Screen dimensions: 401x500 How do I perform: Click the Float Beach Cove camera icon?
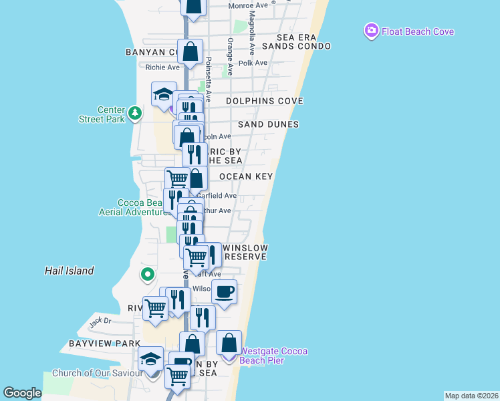pyautogui.click(x=372, y=31)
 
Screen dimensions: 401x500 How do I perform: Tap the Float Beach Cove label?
pyautogui.click(x=418, y=31)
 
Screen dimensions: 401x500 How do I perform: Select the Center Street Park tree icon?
pyautogui.click(x=134, y=112)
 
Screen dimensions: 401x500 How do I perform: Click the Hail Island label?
pyautogui.click(x=69, y=271)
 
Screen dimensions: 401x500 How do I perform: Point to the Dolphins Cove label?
pyautogui.click(x=265, y=101)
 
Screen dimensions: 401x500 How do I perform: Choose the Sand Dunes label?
pyautogui.click(x=268, y=124)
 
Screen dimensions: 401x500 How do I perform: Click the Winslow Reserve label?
pyautogui.click(x=245, y=252)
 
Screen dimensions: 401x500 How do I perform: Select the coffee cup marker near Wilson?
pyautogui.click(x=224, y=291)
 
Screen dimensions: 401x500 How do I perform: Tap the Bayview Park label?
pyautogui.click(x=95, y=344)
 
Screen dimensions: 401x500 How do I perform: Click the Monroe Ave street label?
pyautogui.click(x=248, y=5)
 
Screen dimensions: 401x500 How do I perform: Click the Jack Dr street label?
pyautogui.click(x=100, y=321)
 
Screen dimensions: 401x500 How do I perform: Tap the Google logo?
pyautogui.click(x=22, y=393)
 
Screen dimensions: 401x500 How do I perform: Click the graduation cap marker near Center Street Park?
pyautogui.click(x=164, y=94)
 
